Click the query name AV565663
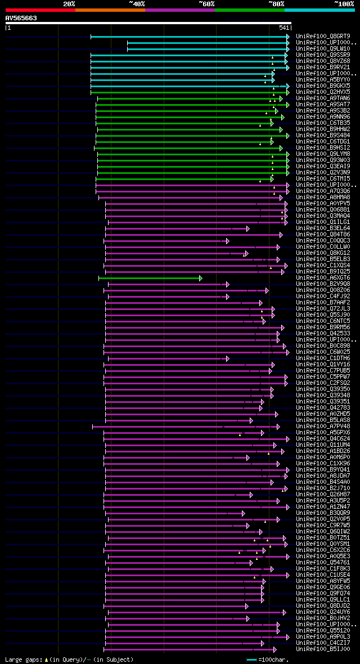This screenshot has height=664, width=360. tap(21, 18)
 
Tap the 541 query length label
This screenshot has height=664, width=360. tap(284, 28)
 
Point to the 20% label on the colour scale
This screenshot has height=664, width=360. tap(69, 4)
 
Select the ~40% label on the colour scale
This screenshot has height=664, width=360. tap(137, 4)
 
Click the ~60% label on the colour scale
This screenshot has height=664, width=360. tap(206, 4)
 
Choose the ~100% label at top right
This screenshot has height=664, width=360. tap(343, 4)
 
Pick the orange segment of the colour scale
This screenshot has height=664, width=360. tap(110, 10)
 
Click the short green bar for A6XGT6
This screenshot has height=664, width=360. tap(150, 278)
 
